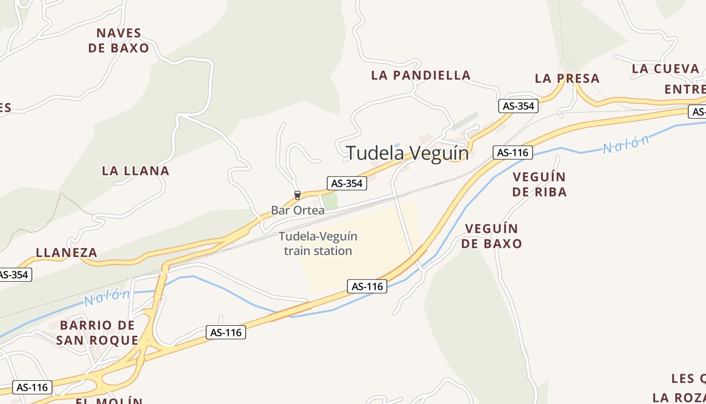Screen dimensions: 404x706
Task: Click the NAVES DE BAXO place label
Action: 119,40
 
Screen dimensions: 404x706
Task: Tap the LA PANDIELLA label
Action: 421,75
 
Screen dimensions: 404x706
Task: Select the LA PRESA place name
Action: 567,78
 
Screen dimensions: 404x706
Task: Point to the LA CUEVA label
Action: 666,69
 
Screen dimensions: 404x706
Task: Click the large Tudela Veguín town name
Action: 407,153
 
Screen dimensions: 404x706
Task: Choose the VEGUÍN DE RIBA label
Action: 539,184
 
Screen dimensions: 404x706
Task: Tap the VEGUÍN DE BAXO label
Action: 492,236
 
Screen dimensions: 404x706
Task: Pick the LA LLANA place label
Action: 136,171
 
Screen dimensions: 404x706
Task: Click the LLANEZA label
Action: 67,252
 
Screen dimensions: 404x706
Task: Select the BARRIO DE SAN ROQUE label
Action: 97,332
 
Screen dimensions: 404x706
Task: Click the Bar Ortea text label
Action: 298,211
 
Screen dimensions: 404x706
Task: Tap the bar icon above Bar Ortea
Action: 297,195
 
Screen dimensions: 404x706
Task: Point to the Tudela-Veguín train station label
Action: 318,243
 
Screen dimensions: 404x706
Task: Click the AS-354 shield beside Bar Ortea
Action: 346,183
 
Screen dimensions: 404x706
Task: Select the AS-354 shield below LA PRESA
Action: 518,106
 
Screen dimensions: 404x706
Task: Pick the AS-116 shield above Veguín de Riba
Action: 512,153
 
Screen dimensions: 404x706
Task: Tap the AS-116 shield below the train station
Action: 367,286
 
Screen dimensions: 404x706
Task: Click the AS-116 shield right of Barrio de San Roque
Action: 226,332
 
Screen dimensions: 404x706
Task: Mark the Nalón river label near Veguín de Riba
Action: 626,144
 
